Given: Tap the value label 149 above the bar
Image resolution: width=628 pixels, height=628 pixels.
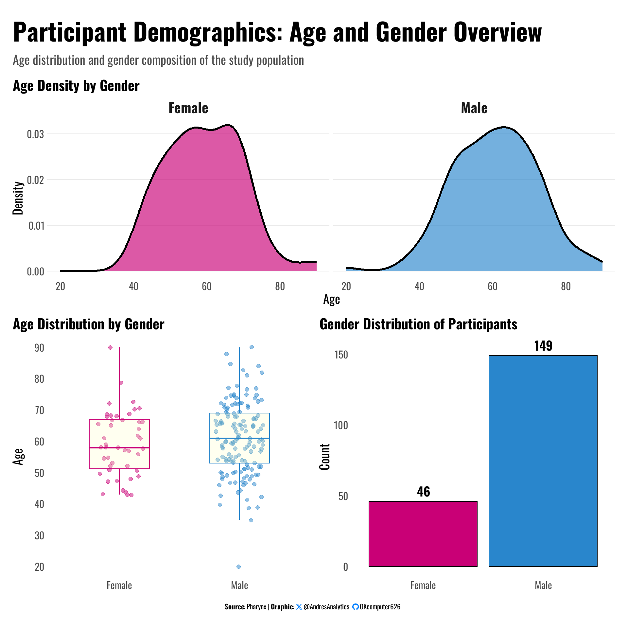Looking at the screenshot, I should pos(543,346).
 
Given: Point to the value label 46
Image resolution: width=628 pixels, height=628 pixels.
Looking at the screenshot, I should pos(423,492).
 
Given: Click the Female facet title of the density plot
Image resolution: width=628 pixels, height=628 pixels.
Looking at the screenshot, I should pos(188,108).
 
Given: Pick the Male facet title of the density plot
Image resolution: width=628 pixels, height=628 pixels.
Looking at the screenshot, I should pos(474,108).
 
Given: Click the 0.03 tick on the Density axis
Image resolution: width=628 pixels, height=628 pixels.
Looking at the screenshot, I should pos(35,134).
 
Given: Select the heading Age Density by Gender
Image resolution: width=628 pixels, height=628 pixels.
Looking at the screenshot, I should pos(76,86).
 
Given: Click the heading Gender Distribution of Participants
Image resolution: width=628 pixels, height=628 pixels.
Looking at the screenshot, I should pos(418,324).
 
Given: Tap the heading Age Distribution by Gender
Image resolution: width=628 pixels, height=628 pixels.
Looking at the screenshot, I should pos(89,324).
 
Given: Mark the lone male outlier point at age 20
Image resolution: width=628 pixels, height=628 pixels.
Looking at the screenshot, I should pos(239,567).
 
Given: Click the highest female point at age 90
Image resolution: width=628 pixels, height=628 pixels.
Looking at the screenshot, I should pos(110,347).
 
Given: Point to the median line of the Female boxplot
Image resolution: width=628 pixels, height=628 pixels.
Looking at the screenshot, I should pos(119,447).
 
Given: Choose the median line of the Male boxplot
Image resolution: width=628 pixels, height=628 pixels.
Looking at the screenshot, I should pos(239,438).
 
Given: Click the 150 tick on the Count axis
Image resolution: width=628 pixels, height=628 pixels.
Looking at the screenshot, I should pos(341,355).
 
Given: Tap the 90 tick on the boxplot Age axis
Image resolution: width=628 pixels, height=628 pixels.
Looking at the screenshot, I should pos(39,348).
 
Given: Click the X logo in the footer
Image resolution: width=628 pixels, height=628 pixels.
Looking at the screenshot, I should pos(299,607).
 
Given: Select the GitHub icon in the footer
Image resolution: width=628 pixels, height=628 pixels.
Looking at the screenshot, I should pos(355,607).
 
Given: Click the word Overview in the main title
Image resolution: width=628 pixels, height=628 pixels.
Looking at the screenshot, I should pos(497,33).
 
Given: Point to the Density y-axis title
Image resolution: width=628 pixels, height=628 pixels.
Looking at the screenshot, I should pos(18,198).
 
